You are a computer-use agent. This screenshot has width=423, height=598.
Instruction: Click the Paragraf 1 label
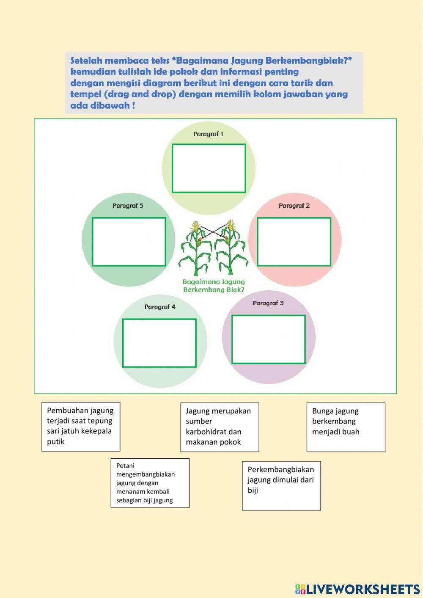click(208, 134)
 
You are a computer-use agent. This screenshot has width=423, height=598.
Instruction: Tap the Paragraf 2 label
click(294, 206)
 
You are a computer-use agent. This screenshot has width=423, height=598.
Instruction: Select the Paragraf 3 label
click(268, 303)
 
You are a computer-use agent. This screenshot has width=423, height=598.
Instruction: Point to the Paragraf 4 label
click(160, 307)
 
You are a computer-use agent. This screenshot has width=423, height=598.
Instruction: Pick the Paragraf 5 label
click(128, 206)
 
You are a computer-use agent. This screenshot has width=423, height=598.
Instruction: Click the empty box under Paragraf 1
click(209, 168)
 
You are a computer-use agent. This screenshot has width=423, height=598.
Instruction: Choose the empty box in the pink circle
click(294, 242)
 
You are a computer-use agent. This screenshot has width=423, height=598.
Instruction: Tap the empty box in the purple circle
click(268, 339)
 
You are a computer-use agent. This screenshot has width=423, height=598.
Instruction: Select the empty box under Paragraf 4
click(159, 343)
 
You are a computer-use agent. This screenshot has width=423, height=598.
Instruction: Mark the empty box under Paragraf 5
click(129, 242)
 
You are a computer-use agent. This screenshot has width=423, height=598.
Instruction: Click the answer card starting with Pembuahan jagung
click(81, 427)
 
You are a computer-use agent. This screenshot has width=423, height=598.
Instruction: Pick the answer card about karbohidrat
click(220, 427)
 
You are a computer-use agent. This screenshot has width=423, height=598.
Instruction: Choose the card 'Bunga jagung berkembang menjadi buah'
click(346, 427)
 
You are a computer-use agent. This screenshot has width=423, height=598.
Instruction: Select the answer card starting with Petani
click(150, 483)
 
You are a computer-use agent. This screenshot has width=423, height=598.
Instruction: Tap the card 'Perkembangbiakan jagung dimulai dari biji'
click(281, 485)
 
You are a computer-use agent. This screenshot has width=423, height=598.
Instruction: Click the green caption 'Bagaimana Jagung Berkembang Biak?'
click(214, 286)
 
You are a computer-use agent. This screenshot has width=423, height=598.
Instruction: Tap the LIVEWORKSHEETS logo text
click(363, 589)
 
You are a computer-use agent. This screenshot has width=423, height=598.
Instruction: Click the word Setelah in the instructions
click(86, 60)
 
